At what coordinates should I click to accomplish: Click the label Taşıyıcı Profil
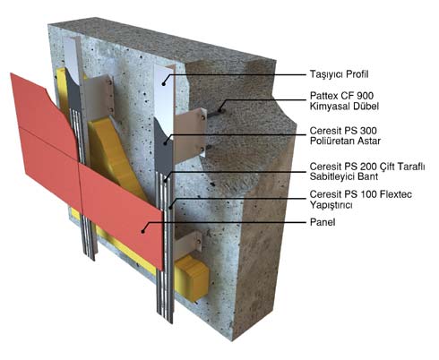339,74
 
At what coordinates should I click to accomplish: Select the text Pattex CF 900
341,96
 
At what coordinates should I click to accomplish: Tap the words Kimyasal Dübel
344,106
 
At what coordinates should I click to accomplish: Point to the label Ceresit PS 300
343,131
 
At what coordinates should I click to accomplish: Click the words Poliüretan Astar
345,141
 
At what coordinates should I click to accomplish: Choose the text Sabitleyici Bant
344,176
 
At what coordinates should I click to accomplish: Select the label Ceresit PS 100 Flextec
361,194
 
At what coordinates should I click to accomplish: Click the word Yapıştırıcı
331,205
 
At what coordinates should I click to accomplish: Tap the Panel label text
323,222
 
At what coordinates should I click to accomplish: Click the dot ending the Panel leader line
143,231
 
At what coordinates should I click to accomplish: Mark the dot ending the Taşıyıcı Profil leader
164,84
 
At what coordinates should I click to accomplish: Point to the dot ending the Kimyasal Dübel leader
220,110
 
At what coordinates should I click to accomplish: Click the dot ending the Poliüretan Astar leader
165,144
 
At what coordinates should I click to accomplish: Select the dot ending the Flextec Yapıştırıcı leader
170,208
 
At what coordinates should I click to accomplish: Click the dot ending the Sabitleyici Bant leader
165,180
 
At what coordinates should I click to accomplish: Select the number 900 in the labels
365,96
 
